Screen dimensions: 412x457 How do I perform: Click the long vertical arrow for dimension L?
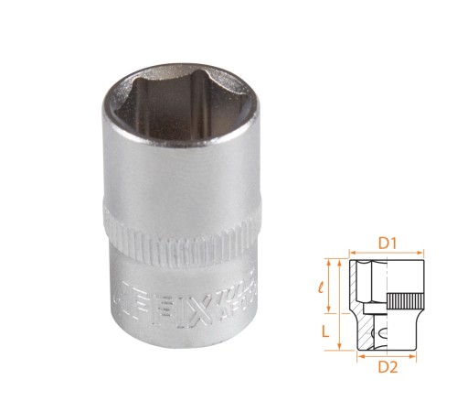[x=339, y=303]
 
